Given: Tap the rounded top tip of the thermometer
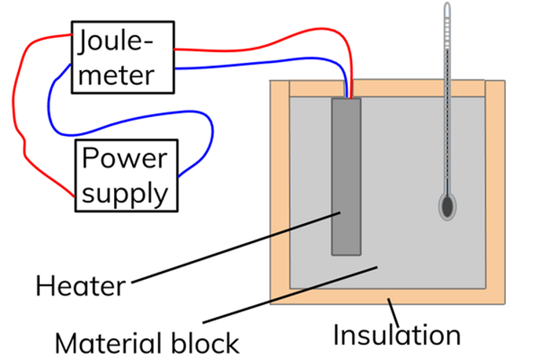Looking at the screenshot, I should click(447, 5).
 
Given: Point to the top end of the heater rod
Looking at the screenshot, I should click(346, 101).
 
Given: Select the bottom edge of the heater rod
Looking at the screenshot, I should click(346, 254).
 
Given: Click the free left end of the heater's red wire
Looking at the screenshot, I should click(176, 50).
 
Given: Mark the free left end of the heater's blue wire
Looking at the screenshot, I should click(178, 68).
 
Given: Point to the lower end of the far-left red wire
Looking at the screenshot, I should click(72, 195).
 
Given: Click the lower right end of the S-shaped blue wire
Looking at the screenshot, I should click(181, 174).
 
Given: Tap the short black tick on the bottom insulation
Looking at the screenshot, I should click(389, 301).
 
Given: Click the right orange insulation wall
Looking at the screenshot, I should click(495, 189).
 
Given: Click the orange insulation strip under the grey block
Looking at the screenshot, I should click(440, 297).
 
